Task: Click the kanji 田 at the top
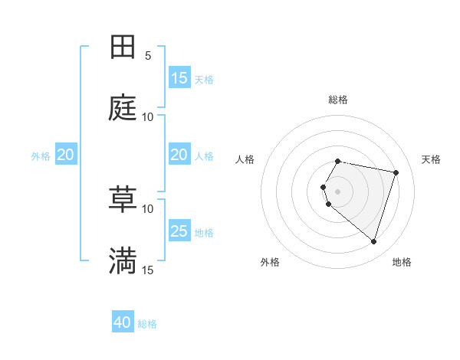[123, 47]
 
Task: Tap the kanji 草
[123, 200]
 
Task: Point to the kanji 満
[123, 261]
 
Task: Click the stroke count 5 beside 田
[148, 55]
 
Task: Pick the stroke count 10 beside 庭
[148, 116]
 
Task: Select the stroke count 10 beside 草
[148, 208]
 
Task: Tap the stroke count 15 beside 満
[148, 270]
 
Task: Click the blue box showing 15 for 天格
[179, 78]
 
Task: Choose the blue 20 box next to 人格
[179, 155]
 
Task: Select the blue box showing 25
[179, 231]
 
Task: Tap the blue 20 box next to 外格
[66, 155]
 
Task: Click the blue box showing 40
[123, 322]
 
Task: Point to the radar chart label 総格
[338, 100]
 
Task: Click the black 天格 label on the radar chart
[431, 159]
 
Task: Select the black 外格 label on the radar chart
[270, 262]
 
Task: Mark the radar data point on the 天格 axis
[396, 172]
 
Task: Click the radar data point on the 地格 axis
[373, 241]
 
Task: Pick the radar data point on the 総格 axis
[338, 161]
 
